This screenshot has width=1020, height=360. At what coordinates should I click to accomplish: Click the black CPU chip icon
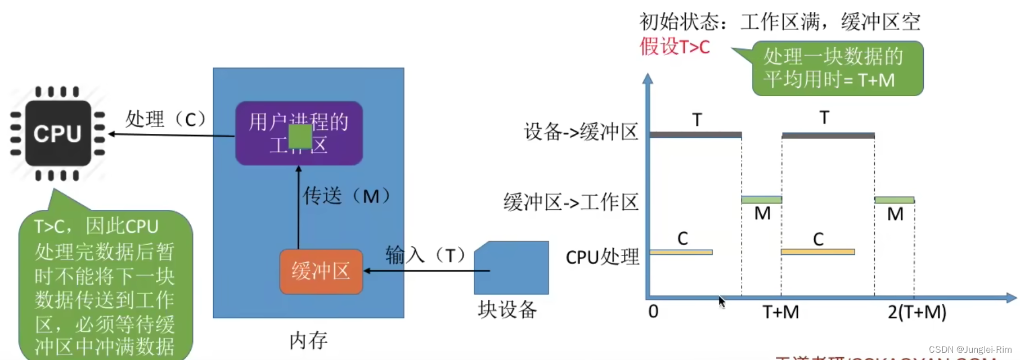pos(57,133)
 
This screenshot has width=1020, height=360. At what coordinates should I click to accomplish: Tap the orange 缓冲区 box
pos(321,271)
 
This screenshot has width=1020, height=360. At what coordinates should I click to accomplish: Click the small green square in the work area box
pos(300,137)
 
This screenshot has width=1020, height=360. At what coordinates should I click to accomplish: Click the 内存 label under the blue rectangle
pos(308,340)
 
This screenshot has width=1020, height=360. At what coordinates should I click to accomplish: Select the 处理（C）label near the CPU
pos(165,119)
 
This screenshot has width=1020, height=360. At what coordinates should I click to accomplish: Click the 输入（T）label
pos(426,255)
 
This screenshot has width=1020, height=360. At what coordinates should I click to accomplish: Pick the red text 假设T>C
pos(675,47)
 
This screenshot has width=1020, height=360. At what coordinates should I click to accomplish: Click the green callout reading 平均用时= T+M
pos(837,68)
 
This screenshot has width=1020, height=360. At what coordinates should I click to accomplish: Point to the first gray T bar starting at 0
pos(695,135)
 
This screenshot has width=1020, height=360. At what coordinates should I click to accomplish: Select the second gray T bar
pos(828,136)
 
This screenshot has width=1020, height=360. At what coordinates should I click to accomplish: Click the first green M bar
pos(761,200)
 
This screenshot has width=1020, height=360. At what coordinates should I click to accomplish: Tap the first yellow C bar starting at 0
pos(681,252)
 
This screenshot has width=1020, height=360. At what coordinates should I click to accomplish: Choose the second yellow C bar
pos(817,252)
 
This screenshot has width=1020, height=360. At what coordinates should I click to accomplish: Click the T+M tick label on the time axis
pos(780,312)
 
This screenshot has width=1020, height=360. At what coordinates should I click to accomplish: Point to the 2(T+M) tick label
pos(916,312)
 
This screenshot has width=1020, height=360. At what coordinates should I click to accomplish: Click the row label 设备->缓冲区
pos(581,132)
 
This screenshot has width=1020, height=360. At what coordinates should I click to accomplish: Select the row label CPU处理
pos(602,257)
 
